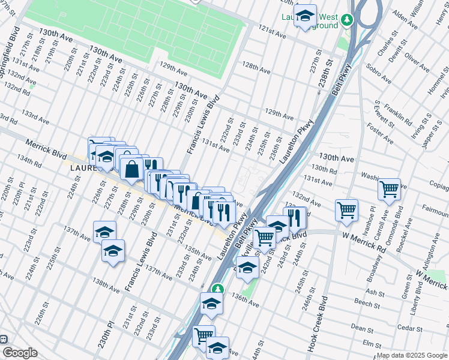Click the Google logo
point(20,353)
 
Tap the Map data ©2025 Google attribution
point(412,355)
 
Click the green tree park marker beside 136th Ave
point(220,289)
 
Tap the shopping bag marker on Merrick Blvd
point(131,169)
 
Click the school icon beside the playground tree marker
point(305,17)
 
